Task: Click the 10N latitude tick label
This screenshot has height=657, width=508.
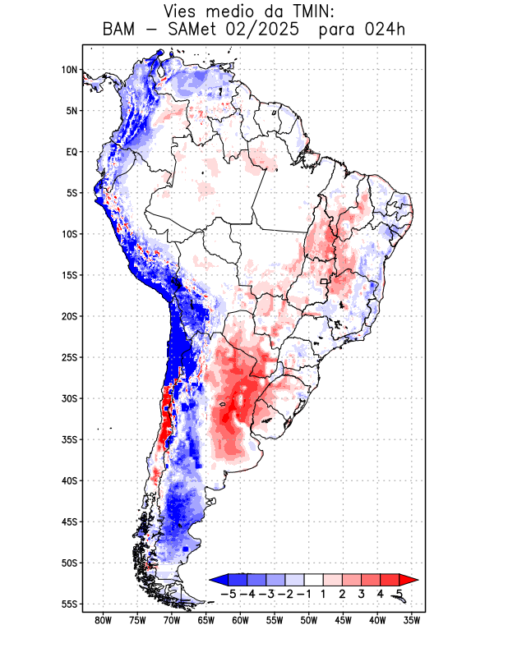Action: coord(69,70)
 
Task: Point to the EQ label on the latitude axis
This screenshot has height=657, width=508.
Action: coord(72,152)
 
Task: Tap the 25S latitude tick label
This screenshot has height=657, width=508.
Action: coord(69,357)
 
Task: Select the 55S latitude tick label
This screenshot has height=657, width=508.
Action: coord(69,604)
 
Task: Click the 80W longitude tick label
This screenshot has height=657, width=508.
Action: coord(104,620)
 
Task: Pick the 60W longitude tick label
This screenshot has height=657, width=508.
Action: coord(240,620)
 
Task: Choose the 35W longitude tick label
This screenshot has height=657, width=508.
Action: coord(411,620)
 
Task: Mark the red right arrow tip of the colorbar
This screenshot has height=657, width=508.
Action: coord(409,580)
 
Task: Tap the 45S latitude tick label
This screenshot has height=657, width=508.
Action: coord(69,521)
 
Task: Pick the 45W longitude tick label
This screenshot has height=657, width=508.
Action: coord(343,620)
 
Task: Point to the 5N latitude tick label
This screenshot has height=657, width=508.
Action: coord(72,111)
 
